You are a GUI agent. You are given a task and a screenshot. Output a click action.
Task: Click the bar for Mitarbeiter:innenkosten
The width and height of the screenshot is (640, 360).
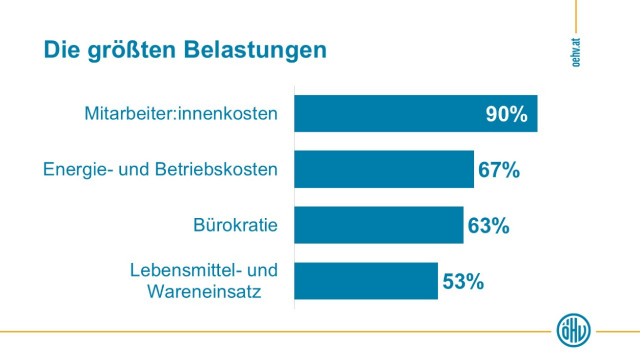[388, 113]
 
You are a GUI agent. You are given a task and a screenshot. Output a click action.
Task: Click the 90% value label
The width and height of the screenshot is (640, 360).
[506, 114]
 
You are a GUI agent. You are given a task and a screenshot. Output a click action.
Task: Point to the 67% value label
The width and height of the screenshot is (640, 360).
[499, 170]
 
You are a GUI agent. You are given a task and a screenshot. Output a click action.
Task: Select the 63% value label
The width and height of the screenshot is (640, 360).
[489, 225]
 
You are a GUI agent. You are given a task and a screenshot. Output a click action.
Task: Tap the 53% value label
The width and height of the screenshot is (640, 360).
[463, 281]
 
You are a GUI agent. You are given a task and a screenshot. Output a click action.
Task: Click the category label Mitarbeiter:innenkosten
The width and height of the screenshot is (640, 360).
[181, 113]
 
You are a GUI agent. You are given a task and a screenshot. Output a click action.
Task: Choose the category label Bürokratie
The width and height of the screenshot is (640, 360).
[236, 225]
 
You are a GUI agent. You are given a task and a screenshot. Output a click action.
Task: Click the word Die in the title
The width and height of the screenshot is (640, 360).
[59, 50]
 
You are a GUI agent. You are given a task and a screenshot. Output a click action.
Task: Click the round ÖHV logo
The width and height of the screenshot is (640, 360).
[574, 330]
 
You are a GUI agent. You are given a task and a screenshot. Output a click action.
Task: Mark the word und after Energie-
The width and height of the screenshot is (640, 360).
[134, 169]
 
